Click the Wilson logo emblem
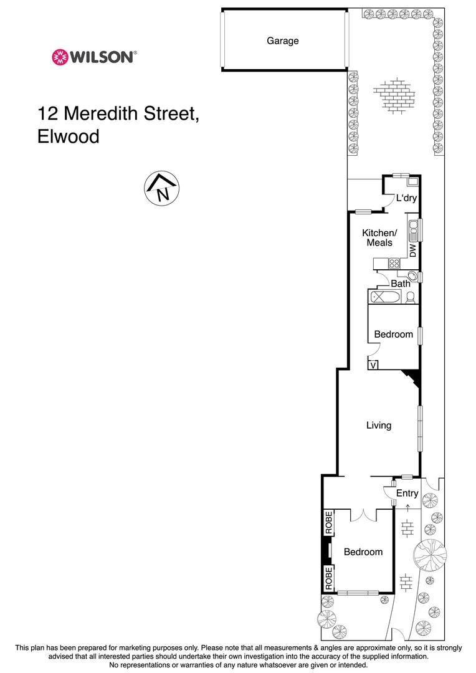click(x=60, y=57)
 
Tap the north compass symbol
click(x=162, y=188)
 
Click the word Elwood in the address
click(x=69, y=136)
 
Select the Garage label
click(x=283, y=41)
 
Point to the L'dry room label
click(x=406, y=199)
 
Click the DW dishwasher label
click(x=412, y=251)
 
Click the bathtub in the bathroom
click(x=381, y=297)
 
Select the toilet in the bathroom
click(x=410, y=298)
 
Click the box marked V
click(x=373, y=365)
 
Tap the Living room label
click(x=378, y=426)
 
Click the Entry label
click(x=407, y=494)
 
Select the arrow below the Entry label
click(x=407, y=508)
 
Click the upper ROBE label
click(x=328, y=523)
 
